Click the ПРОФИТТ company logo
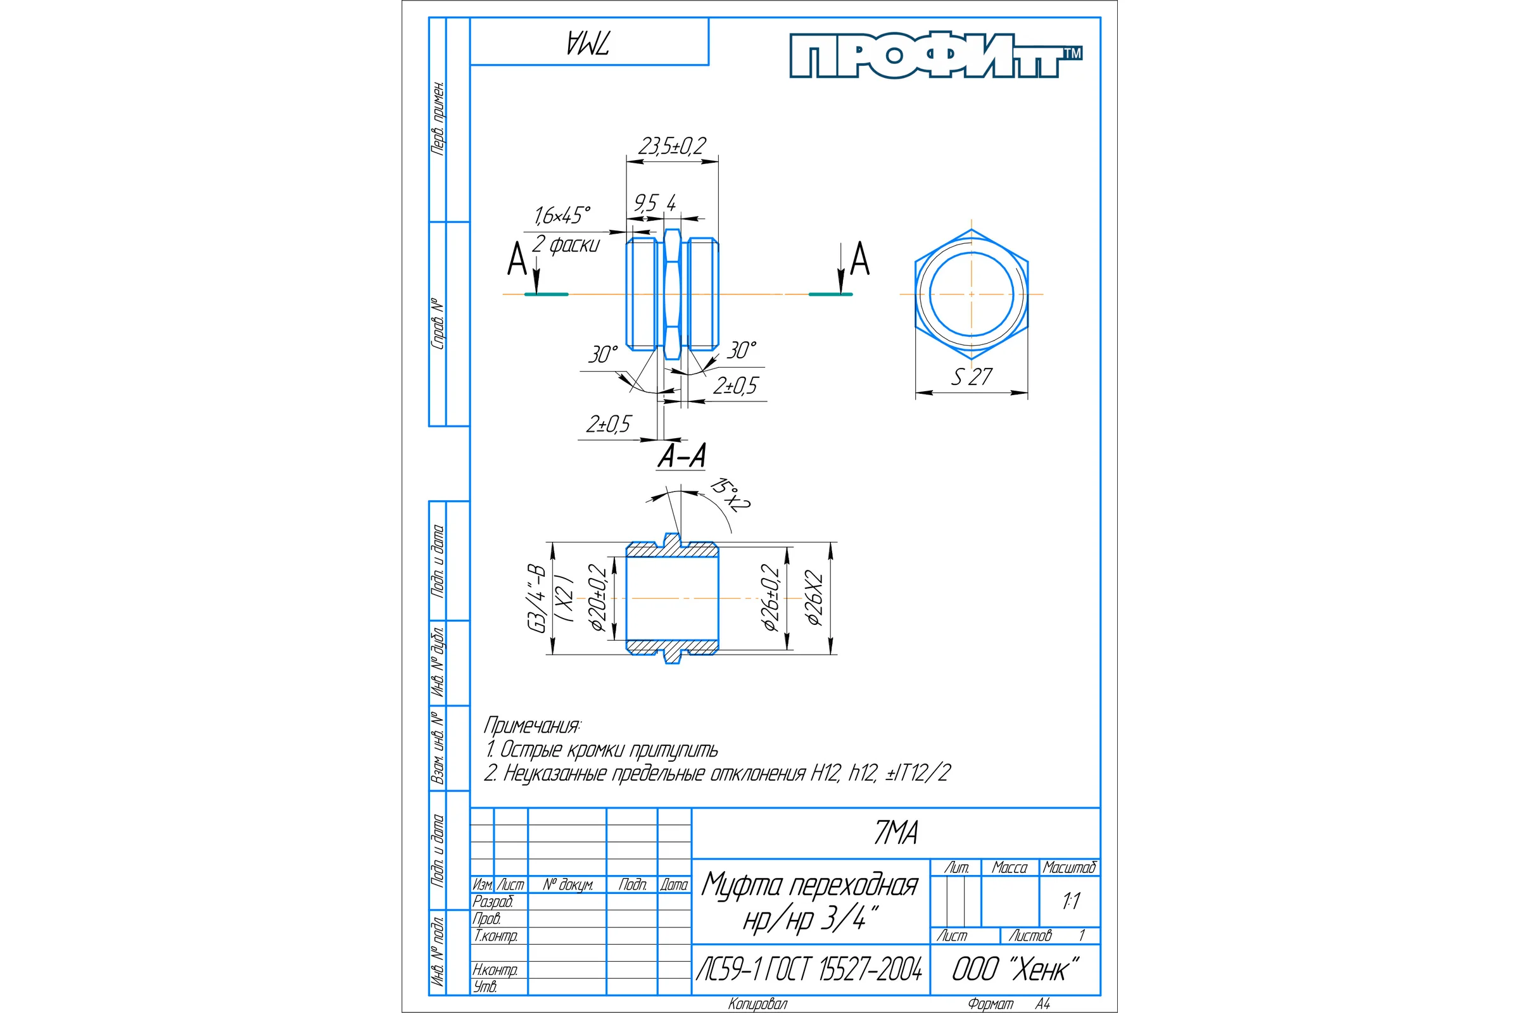[x=936, y=56]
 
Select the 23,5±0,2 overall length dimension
[x=672, y=146]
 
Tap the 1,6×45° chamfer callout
[x=562, y=215]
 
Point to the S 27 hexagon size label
[x=972, y=377]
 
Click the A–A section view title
[x=682, y=456]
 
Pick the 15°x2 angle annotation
[x=730, y=495]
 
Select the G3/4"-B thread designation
[x=537, y=598]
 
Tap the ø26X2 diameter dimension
[x=814, y=598]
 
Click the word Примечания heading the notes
[x=533, y=726]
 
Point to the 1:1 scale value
[x=1071, y=900]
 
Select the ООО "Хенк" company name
[x=1015, y=969]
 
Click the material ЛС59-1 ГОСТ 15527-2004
[x=809, y=969]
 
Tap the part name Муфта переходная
[x=810, y=884]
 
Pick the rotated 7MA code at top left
[x=588, y=42]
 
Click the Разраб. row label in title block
[x=493, y=901]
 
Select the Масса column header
[x=1010, y=867]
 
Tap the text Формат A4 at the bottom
[x=1009, y=1004]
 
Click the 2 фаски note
[x=566, y=245]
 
